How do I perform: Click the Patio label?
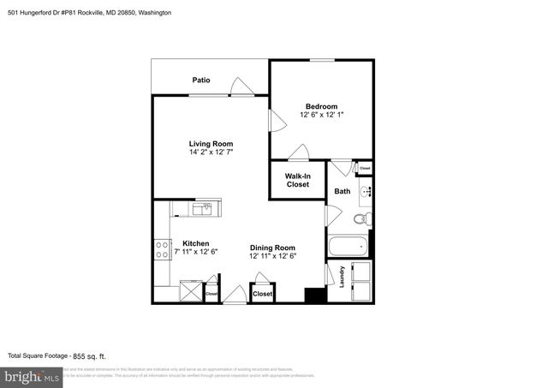click(201, 81)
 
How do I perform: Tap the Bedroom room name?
click(323, 106)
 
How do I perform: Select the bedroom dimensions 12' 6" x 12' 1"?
click(323, 116)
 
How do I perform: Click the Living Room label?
click(211, 144)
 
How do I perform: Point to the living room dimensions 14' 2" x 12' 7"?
click(211, 152)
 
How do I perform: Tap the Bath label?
click(342, 192)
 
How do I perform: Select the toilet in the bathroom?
click(363, 219)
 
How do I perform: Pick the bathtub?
click(348, 248)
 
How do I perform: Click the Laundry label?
click(342, 278)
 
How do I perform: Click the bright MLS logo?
click(33, 376)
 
